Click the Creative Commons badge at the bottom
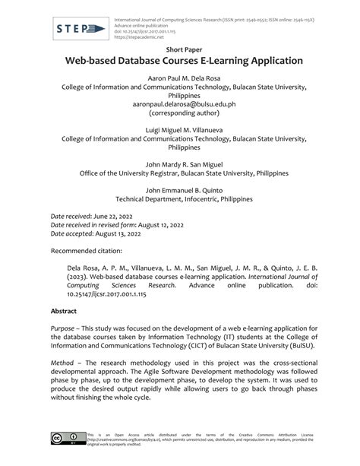pos(66,439)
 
